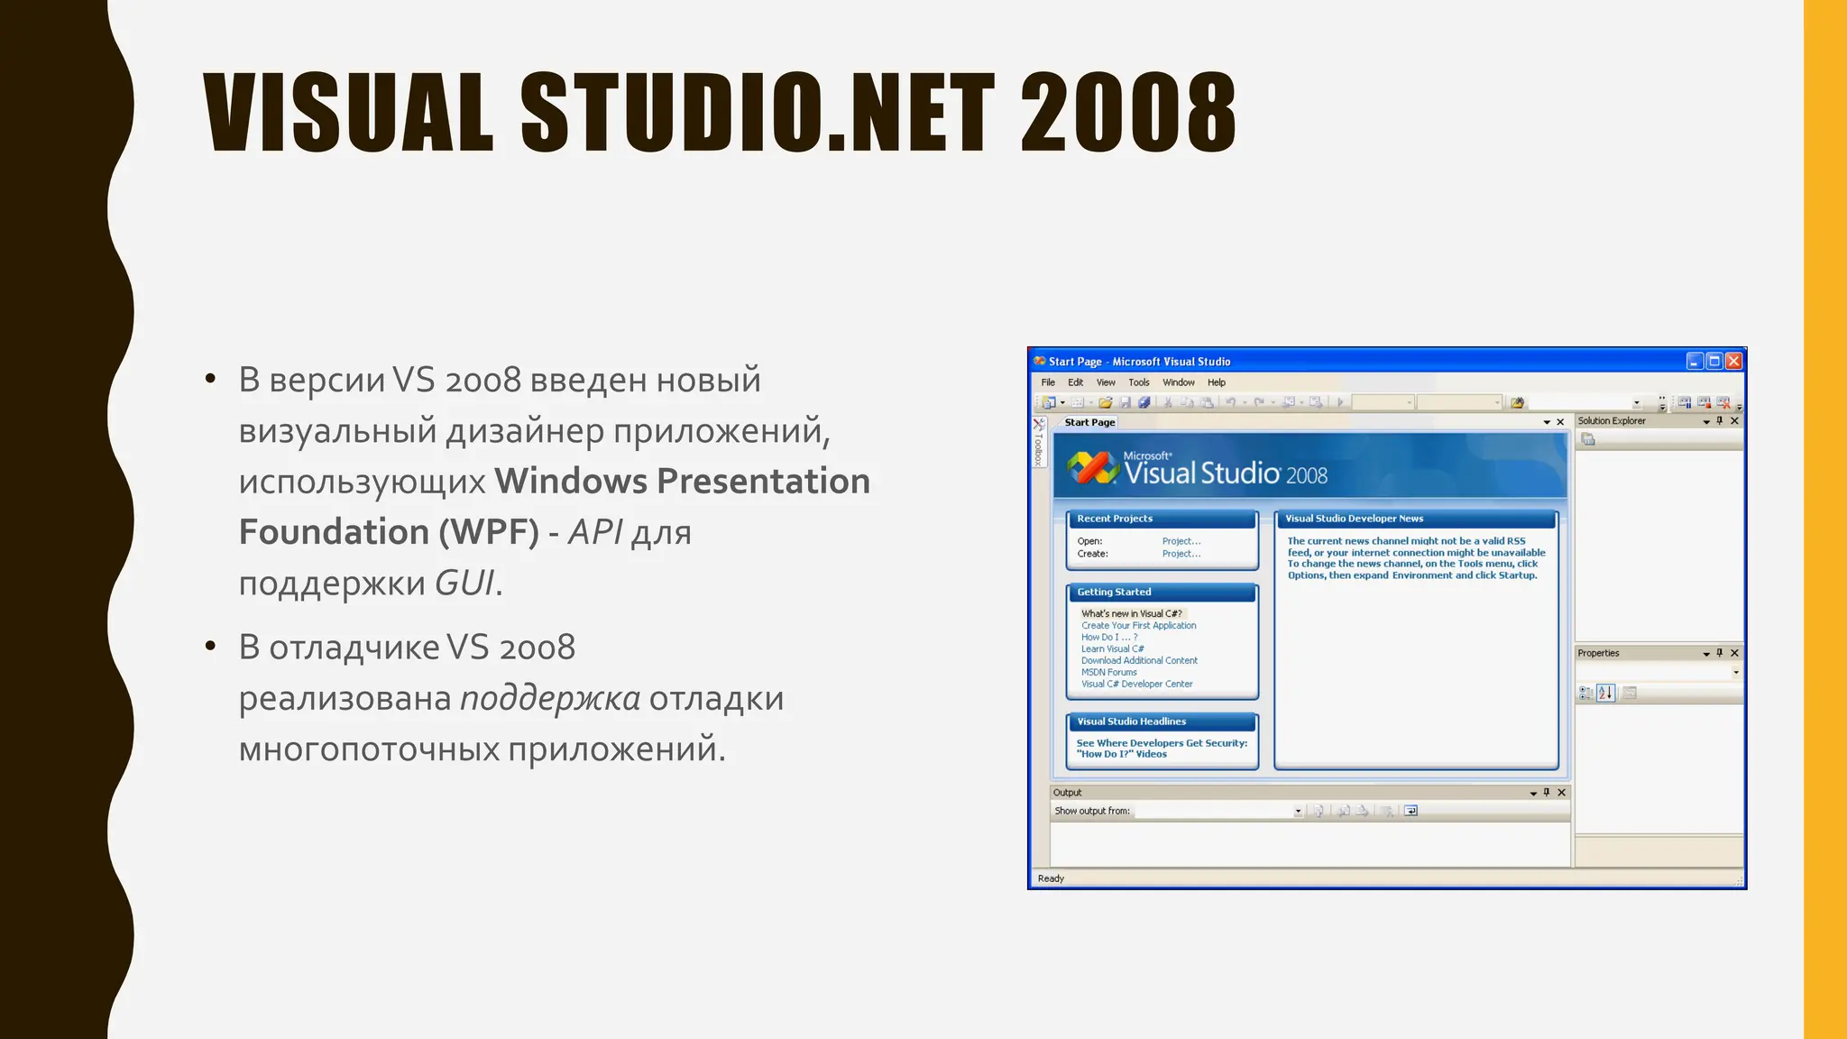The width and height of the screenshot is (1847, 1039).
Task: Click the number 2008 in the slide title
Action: tap(1127, 114)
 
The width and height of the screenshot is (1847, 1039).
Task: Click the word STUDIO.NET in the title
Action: tap(758, 114)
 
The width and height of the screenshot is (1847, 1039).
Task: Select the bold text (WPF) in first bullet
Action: tap(489, 532)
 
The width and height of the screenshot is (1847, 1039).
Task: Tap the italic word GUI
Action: tap(464, 584)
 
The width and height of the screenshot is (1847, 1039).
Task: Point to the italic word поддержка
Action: tap(550, 698)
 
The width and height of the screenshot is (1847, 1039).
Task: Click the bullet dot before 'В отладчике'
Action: tap(210, 647)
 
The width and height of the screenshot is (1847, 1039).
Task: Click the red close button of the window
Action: tap(1733, 362)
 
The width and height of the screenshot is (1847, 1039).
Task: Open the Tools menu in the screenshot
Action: tap(1138, 382)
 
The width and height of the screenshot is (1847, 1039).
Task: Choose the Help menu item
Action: tap(1216, 382)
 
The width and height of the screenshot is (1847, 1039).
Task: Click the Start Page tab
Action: tap(1089, 422)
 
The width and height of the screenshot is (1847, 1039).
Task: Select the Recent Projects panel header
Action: tap(1115, 519)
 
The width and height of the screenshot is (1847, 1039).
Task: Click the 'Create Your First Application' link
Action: tap(1138, 625)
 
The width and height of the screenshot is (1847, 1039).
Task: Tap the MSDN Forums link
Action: tap(1108, 672)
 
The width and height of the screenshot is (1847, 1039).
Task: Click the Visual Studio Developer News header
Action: tap(1354, 519)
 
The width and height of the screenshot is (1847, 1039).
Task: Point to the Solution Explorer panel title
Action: tap(1612, 421)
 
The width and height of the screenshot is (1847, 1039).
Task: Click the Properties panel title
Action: tap(1598, 653)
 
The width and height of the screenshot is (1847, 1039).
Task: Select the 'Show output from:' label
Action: tap(1092, 811)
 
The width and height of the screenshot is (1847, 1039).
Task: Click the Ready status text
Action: tap(1051, 878)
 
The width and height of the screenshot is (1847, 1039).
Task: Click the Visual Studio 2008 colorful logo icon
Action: tap(1092, 467)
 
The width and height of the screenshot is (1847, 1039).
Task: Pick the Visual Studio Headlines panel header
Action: tap(1131, 722)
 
